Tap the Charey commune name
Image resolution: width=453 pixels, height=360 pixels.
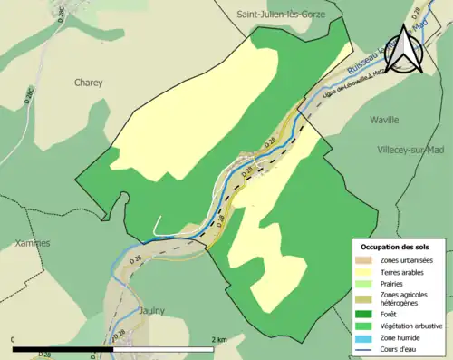(88, 83)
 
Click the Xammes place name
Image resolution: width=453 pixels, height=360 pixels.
(33, 243)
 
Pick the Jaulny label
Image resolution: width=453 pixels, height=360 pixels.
(151, 310)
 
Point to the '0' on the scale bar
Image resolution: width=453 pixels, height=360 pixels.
(14, 339)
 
